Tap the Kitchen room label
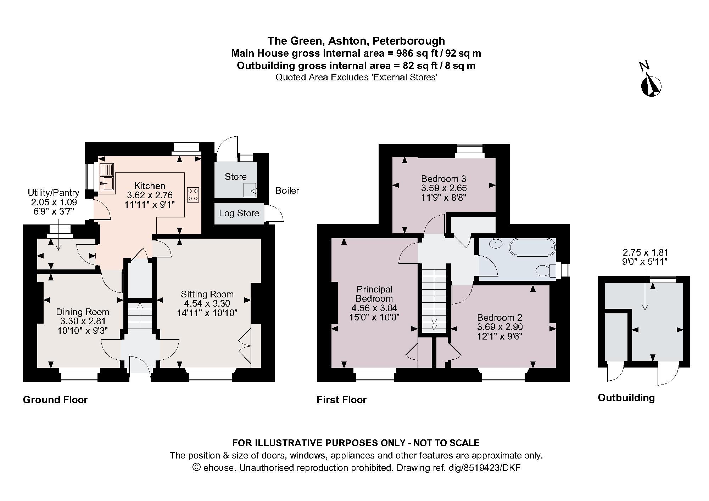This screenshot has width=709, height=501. (150, 186)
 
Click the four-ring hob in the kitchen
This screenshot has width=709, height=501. (193, 195)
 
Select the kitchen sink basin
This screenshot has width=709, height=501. (106, 183)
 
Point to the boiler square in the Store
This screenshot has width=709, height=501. (250, 190)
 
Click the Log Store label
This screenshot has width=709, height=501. (239, 214)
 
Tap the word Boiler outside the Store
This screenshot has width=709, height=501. (287, 191)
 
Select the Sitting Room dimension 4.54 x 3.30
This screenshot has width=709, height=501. (207, 303)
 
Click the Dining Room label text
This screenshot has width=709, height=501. (83, 312)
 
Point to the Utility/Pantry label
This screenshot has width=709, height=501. (54, 193)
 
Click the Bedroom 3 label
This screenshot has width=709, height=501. (443, 178)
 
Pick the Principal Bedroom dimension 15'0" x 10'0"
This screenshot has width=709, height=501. (374, 317)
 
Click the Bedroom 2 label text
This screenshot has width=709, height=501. (499, 318)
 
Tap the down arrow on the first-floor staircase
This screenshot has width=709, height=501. (434, 324)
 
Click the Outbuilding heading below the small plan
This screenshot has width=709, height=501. (626, 398)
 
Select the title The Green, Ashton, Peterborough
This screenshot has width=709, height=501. (356, 41)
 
